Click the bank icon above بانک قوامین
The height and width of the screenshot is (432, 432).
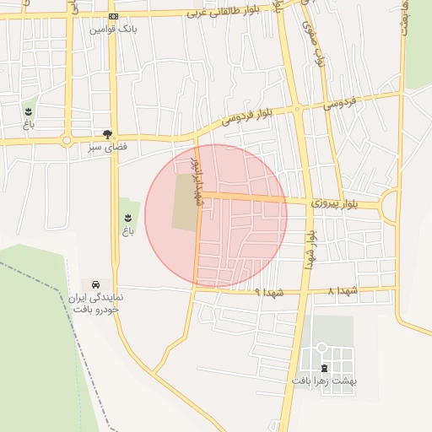point(114,17)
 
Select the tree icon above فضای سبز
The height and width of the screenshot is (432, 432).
point(107,133)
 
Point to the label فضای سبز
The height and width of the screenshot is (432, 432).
point(107,146)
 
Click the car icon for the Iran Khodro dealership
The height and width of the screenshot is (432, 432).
point(97,284)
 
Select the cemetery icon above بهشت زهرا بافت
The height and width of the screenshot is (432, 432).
point(325,368)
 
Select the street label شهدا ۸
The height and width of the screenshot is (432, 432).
point(343,291)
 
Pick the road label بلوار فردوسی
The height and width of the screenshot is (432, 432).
point(247,116)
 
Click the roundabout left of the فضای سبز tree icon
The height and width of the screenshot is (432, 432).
point(67,140)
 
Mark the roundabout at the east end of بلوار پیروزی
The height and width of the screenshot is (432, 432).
point(391,205)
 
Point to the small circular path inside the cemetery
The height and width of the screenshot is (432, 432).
point(321,348)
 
